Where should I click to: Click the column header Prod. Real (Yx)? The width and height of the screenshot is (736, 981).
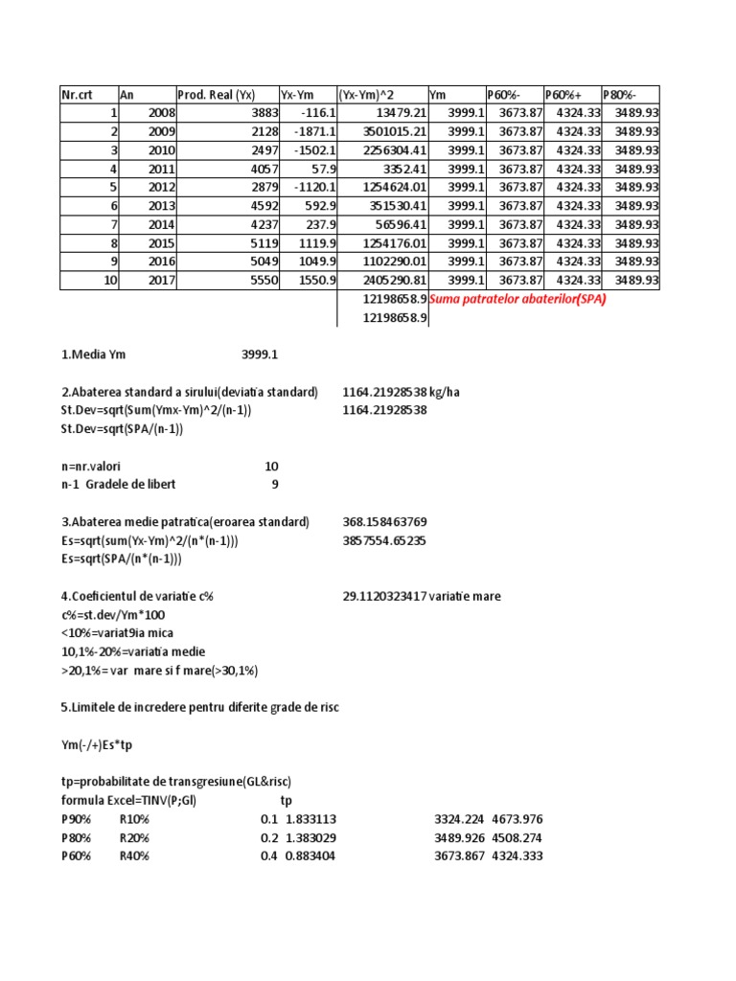tap(216, 95)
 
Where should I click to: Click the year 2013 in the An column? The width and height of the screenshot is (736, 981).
tap(162, 206)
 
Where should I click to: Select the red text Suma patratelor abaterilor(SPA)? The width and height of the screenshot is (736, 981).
tap(518, 299)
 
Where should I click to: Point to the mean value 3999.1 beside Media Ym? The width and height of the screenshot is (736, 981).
tap(260, 355)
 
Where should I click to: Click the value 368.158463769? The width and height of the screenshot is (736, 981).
tap(384, 522)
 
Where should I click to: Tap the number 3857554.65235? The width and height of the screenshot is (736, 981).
tap(384, 540)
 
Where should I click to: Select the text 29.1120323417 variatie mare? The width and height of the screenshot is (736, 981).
tap(422, 596)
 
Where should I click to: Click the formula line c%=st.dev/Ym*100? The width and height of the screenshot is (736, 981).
tap(111, 614)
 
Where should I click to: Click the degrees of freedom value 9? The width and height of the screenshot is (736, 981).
tap(274, 485)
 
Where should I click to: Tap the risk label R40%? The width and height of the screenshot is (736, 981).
tap(134, 856)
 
